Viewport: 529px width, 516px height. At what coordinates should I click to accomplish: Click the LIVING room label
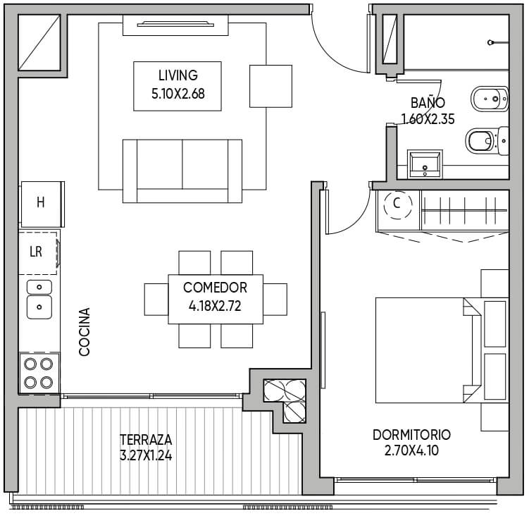tap(178, 75)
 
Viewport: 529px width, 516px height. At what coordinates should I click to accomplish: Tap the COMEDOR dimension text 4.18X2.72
tap(215, 306)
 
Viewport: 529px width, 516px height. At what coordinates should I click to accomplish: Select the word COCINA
tap(85, 331)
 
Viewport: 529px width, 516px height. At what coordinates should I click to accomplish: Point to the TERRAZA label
tap(146, 440)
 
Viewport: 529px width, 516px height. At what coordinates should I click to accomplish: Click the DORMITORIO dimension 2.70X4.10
tap(411, 450)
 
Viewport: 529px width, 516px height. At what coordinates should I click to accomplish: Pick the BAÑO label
tap(428, 103)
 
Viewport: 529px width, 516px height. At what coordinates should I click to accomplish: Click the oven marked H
tap(42, 204)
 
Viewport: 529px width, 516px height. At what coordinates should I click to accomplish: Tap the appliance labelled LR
tap(39, 252)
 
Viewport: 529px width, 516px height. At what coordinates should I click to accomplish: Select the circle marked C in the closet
tap(398, 205)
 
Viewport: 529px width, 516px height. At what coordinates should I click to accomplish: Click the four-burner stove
tap(39, 373)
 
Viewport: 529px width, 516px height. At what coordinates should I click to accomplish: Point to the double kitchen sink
tap(39, 300)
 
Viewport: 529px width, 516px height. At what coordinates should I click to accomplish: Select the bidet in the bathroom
tap(490, 99)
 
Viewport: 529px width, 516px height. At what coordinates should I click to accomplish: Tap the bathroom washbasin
tap(425, 164)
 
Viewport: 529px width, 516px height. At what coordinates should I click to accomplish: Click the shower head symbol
tap(490, 42)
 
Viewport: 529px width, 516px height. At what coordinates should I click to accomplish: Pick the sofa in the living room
tap(182, 171)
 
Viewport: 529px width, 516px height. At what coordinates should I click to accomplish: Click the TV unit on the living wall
tap(175, 25)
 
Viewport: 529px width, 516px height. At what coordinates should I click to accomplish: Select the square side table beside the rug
tap(270, 86)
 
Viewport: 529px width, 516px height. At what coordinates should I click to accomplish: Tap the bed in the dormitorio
tap(442, 350)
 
